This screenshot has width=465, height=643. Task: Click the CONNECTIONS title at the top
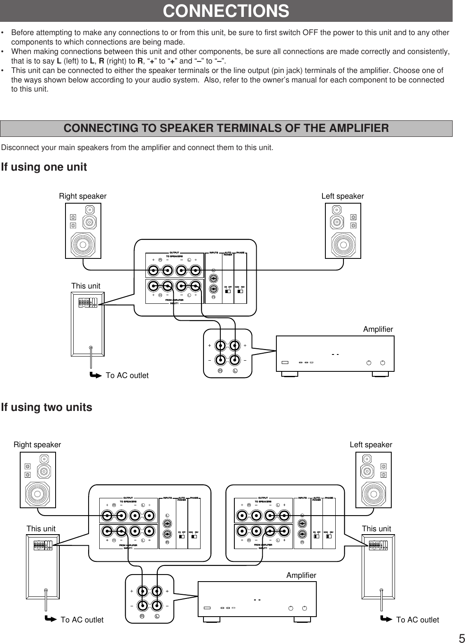click(x=226, y=11)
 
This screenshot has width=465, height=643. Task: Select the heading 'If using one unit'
click(x=44, y=167)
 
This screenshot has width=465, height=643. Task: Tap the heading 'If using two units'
click(x=47, y=408)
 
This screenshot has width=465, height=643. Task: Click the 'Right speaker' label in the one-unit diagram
click(x=83, y=196)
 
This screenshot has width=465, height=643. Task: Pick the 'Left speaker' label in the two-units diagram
click(x=371, y=445)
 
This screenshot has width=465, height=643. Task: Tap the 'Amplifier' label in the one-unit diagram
click(x=378, y=329)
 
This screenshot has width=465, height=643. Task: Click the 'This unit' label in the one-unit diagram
click(x=86, y=286)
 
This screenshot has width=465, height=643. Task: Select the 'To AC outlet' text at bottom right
click(x=417, y=620)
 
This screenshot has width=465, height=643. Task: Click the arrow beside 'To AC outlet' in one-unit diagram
click(x=95, y=375)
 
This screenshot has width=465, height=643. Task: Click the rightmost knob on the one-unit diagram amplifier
click(x=383, y=363)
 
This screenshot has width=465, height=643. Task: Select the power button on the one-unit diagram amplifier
click(x=285, y=363)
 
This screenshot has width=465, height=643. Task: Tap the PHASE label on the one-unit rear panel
click(x=241, y=253)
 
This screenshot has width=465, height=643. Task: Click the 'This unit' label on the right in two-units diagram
click(x=376, y=529)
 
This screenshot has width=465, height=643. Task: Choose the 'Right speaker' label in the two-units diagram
click(x=37, y=445)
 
